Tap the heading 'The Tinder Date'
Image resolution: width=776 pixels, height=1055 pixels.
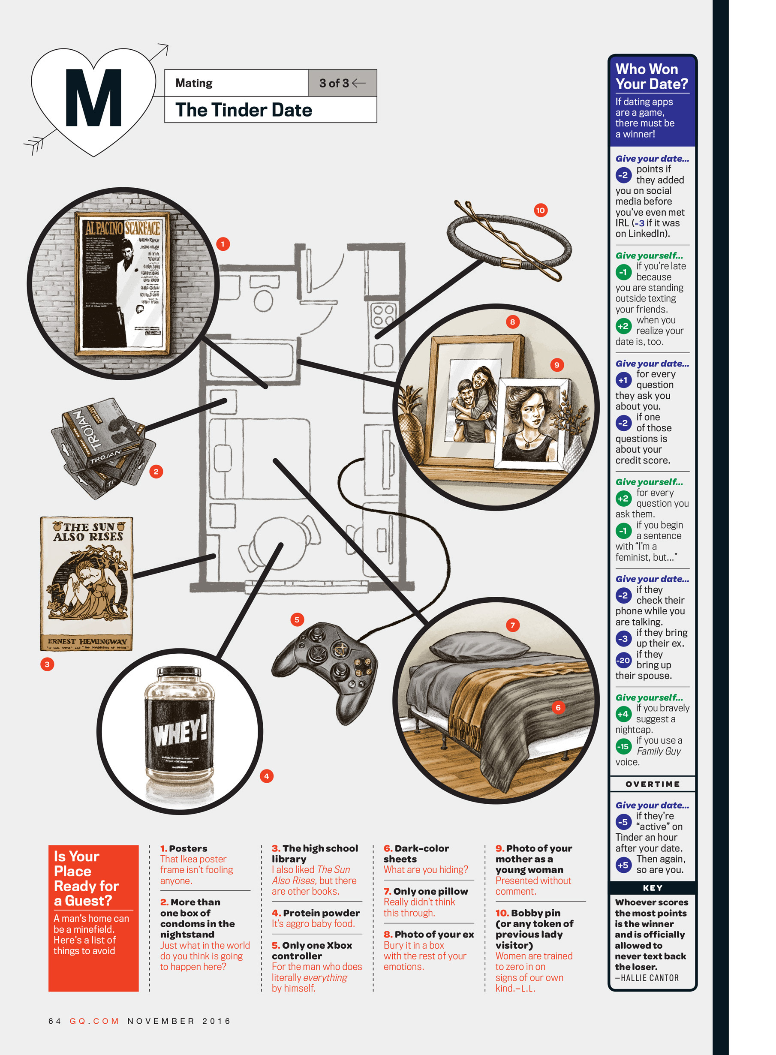click(x=244, y=110)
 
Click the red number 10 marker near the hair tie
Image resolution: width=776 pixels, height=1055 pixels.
click(x=540, y=210)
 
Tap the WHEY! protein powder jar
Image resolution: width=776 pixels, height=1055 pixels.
click(x=180, y=733)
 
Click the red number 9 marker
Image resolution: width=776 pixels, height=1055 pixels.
click(x=556, y=365)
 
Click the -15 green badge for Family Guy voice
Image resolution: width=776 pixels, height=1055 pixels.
click(x=623, y=746)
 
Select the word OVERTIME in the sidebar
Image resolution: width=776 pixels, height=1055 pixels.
click(x=653, y=784)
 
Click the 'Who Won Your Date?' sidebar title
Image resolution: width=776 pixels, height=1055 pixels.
click(x=652, y=77)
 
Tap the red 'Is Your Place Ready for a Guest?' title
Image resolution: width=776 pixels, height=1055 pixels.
click(x=86, y=878)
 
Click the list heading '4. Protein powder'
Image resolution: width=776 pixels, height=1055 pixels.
click(x=316, y=913)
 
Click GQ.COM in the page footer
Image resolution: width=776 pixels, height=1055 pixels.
click(x=94, y=1021)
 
